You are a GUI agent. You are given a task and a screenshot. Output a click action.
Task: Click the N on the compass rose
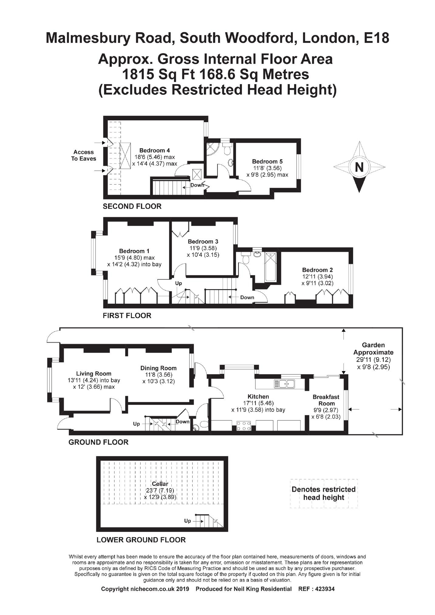359,167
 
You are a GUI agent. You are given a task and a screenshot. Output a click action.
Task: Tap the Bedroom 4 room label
154,151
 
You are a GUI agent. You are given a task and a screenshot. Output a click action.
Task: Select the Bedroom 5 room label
267,162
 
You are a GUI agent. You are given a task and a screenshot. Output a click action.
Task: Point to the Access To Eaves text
84,155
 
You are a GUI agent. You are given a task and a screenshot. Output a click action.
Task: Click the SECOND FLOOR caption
132,207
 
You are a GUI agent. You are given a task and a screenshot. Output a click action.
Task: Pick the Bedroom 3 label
203,242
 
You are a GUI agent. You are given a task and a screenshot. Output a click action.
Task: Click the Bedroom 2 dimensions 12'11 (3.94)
317,277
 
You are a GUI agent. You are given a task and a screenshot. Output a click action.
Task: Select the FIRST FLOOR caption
127,316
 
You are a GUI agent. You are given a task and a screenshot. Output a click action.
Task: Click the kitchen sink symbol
284,384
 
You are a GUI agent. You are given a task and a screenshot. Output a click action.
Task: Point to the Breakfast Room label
326,400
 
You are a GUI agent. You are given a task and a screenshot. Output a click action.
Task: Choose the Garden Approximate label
373,349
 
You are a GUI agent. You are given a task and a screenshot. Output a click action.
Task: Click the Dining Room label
158,368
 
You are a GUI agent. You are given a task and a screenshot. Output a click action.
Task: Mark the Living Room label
94,374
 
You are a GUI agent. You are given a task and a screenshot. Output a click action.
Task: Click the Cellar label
160,484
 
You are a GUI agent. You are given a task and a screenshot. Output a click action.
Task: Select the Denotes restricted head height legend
324,493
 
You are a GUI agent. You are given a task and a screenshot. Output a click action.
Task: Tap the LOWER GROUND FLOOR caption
141,540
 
